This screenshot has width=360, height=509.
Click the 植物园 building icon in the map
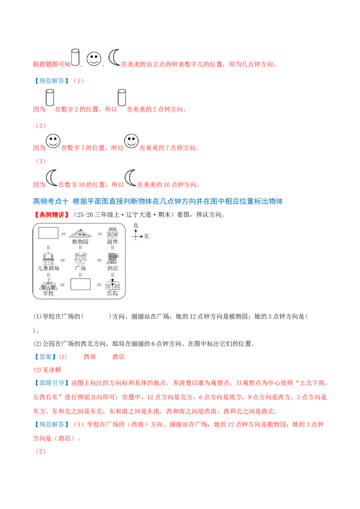[80, 233]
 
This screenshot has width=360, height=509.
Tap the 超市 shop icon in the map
[112, 233]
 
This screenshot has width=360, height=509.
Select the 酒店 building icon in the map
[113, 259]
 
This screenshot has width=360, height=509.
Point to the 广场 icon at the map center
[80, 259]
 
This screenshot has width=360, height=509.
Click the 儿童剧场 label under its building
[49, 268]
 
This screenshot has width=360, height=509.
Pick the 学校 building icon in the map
[49, 284]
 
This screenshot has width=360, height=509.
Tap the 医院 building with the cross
[113, 284]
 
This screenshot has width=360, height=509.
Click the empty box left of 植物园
[49, 233]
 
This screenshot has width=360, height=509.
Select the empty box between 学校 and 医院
[80, 284]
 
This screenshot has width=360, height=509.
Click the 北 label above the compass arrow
[135, 225]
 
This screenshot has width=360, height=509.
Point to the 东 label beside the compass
[147, 237]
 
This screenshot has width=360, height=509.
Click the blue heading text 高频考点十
[51, 201]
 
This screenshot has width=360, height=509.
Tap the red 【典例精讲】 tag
[51, 214]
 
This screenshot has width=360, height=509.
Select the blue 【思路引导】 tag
[51, 383]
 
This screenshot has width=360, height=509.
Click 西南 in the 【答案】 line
[90, 357]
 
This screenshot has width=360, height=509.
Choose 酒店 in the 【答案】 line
[118, 357]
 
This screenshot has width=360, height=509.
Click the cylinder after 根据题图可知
[75, 58]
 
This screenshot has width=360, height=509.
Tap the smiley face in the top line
[94, 59]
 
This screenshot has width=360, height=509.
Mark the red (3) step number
[40, 161]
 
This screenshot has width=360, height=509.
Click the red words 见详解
[52, 370]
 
